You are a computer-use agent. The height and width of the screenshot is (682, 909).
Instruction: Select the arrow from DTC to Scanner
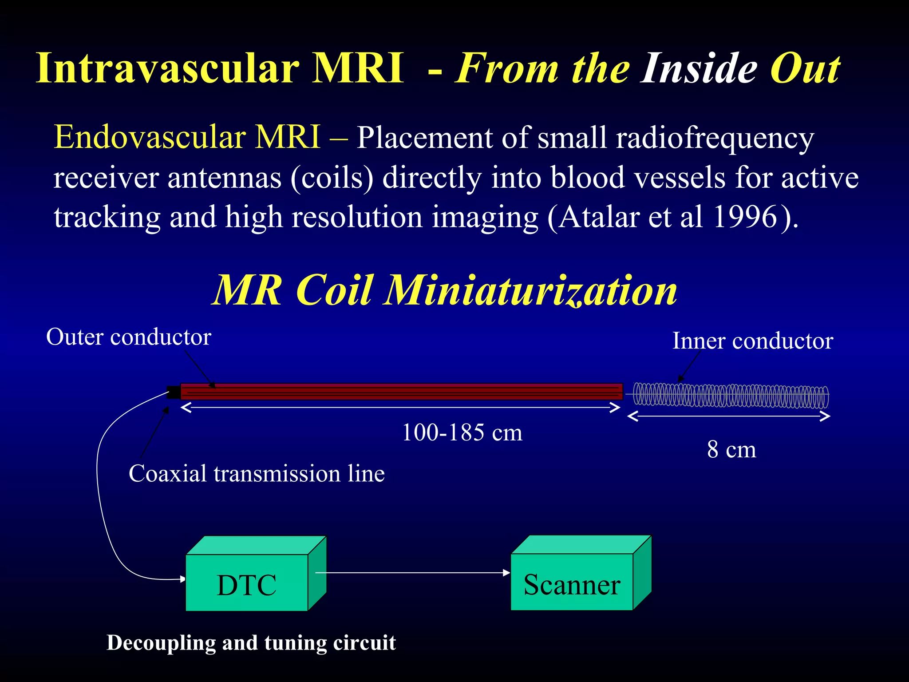coord(413,573)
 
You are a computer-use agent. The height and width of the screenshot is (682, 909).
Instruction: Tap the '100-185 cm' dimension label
coord(462,432)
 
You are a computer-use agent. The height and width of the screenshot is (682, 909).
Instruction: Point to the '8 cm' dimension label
coord(731,449)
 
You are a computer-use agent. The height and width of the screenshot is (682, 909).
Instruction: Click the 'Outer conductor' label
coord(129,337)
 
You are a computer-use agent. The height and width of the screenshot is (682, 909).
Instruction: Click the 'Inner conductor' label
coord(752,341)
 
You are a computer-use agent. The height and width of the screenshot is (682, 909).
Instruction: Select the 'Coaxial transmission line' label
coord(257,473)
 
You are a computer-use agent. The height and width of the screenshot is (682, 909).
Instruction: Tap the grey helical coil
coord(730,395)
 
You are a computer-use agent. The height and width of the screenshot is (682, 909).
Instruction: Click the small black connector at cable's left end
coord(174,392)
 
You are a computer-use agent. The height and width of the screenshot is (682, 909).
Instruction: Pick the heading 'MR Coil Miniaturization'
coord(444,290)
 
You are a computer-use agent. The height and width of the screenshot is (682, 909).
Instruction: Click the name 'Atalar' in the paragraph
coord(599,217)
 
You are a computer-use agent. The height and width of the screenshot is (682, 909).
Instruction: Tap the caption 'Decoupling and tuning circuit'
coord(251,642)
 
